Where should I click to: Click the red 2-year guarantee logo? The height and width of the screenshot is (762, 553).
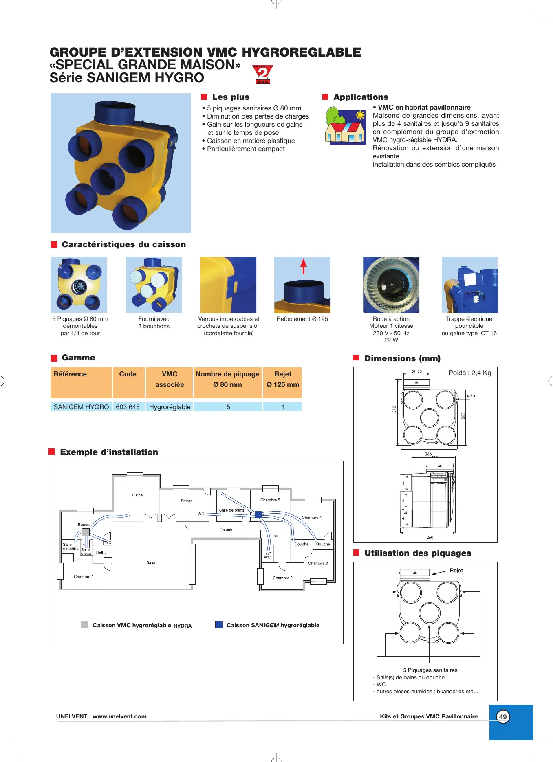263,74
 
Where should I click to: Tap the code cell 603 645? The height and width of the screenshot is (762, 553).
128,407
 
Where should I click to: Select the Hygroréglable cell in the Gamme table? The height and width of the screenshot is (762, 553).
170,407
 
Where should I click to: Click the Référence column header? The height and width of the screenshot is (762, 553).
70,374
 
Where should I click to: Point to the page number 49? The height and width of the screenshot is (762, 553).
503,717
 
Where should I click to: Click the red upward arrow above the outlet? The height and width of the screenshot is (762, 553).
303,266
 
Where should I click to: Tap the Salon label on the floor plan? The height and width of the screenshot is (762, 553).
152,562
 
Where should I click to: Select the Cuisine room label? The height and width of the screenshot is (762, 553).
136,495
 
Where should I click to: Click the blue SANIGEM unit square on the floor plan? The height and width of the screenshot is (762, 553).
258,514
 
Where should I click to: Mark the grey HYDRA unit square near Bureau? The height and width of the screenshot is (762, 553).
86,532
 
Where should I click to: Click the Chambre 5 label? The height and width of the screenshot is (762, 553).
270,500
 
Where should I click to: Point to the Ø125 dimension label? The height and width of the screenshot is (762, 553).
416,371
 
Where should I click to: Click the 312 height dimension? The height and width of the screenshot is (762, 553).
394,408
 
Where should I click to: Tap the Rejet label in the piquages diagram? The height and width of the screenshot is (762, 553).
456,570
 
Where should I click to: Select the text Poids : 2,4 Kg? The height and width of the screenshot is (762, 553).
469,373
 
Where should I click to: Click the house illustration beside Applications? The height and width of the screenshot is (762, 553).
346,125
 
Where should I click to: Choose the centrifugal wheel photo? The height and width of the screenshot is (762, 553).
391,285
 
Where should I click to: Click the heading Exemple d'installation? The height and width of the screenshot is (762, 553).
109,452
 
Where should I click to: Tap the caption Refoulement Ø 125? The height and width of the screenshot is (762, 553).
302,319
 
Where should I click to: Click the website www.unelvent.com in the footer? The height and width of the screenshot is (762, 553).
119,716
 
